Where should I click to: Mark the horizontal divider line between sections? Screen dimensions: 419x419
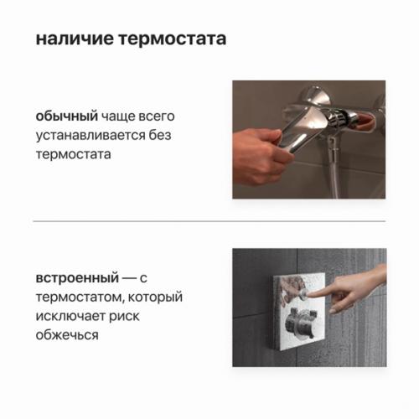(209, 222)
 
